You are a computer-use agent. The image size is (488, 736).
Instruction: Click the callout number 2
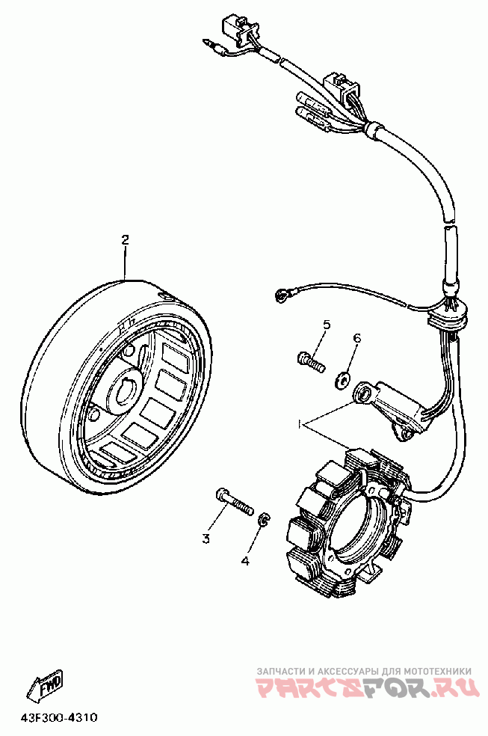(x=126, y=239)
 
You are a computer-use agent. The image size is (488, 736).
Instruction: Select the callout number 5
(x=327, y=324)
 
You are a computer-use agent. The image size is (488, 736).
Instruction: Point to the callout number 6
(x=356, y=339)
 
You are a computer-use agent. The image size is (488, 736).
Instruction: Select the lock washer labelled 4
(x=264, y=520)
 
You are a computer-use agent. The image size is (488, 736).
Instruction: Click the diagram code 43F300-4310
(x=59, y=717)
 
